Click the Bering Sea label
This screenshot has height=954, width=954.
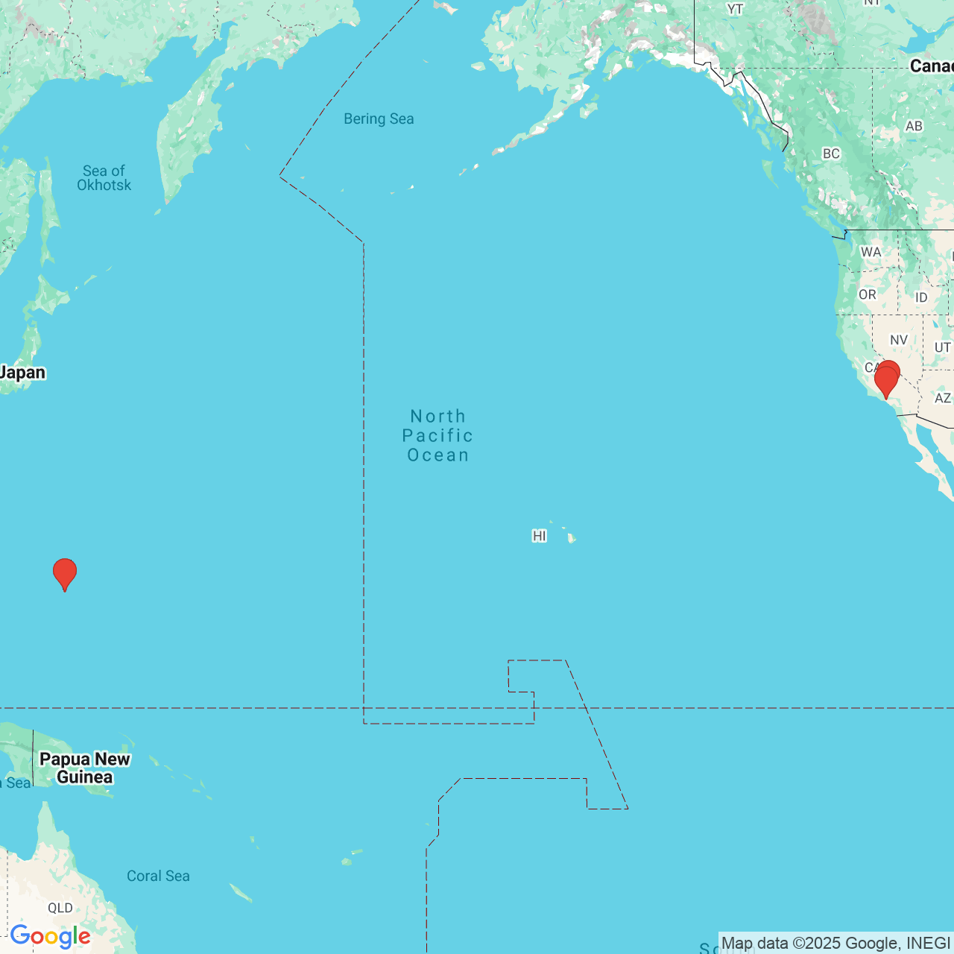[379, 119]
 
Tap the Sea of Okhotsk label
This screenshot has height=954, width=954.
[104, 178]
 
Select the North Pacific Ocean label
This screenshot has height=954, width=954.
[437, 435]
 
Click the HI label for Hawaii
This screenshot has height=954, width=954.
[540, 536]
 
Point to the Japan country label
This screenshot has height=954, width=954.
[22, 373]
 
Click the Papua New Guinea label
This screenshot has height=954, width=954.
[85, 768]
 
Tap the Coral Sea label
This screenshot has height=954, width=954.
[158, 876]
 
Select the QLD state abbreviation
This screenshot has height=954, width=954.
[60, 908]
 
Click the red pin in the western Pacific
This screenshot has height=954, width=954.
[65, 573]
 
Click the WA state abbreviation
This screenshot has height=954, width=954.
[871, 252]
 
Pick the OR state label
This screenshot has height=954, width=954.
[868, 294]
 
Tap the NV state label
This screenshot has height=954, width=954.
[899, 340]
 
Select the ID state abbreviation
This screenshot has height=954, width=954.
[921, 297]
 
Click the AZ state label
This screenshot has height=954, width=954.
[943, 398]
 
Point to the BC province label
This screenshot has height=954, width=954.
[831, 154]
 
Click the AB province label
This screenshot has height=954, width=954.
[914, 126]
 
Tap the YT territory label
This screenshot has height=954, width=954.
[735, 9]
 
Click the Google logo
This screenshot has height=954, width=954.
[51, 936]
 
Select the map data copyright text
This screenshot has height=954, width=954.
[835, 943]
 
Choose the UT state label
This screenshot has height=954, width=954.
[942, 347]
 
